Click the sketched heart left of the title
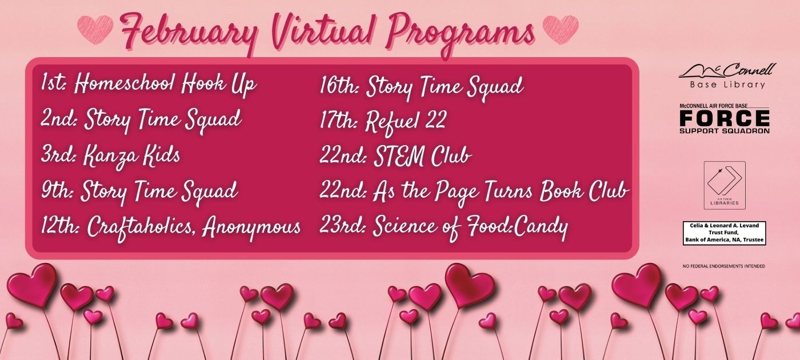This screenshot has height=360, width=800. tap(95, 30)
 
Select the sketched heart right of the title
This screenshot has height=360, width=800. tap(560, 30)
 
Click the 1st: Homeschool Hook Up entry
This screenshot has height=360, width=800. tap(149, 85)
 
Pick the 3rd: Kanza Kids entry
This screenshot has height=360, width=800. tap(111, 156)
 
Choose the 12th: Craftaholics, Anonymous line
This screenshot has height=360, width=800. tap(171, 227)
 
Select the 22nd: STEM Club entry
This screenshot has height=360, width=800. tap(395, 156)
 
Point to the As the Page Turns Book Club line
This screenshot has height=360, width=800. tap(501, 192)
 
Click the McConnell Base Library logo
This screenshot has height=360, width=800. tap(727, 76)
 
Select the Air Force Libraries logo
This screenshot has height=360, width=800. tap(725, 185)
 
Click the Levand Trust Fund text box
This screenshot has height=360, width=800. tap(725, 233)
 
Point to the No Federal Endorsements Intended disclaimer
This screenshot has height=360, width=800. tap(724, 266)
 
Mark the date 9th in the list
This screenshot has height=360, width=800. tap(57, 190)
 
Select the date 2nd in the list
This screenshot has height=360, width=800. tap(59, 119)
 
